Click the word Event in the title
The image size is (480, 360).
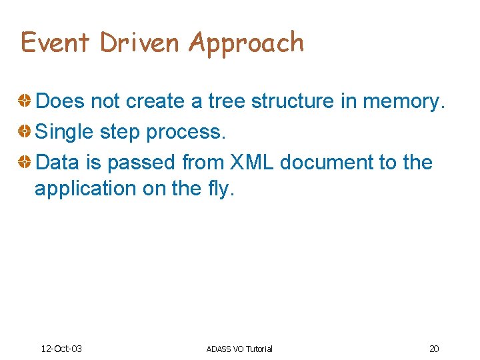[x=55, y=43]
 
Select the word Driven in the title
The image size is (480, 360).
[x=140, y=43]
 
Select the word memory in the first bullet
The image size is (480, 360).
[x=406, y=101]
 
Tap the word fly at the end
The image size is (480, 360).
[x=218, y=189]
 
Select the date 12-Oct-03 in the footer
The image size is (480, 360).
[x=61, y=349]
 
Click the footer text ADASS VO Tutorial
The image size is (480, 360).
[x=239, y=349]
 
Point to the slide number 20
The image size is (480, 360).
[x=434, y=349]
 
